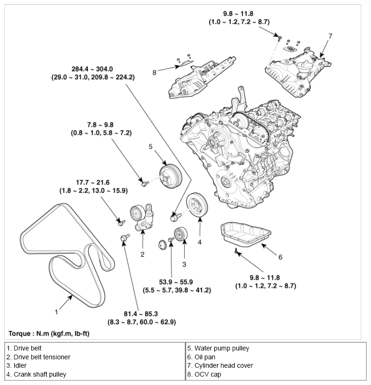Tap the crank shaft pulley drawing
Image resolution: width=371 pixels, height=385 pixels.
pyautogui.click(x=198, y=205)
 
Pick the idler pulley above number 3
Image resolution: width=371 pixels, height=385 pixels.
pyautogui.click(x=181, y=233)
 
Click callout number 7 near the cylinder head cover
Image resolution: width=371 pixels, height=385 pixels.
pyautogui.click(x=330, y=35)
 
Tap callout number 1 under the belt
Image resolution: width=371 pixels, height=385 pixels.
pyautogui.click(x=56, y=311)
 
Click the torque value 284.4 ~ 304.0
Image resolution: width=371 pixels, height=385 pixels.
pyautogui.click(x=93, y=69)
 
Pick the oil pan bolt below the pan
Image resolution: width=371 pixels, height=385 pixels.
pyautogui.click(x=237, y=252)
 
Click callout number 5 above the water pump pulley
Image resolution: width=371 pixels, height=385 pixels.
pyautogui.click(x=150, y=147)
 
